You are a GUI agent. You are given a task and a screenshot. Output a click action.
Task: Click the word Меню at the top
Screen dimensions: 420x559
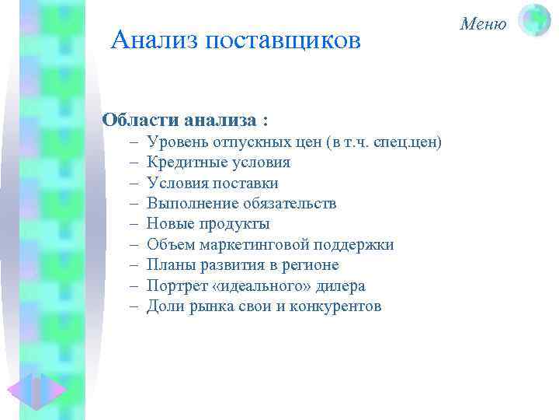[x=483, y=23]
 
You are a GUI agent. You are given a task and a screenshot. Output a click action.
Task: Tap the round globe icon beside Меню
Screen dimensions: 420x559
[x=534, y=21]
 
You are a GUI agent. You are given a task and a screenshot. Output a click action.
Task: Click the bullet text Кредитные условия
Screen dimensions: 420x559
[x=218, y=163]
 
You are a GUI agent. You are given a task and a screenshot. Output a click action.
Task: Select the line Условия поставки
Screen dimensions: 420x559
[x=212, y=183]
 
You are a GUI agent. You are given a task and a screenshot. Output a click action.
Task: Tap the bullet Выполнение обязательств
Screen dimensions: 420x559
[x=241, y=204]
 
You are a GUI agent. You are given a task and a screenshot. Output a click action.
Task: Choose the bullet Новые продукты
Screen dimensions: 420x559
[x=208, y=224]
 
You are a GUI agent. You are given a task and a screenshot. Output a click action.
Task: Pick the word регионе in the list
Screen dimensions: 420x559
[x=311, y=265]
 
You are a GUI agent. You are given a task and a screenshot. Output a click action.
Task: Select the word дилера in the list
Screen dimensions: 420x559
[x=341, y=285]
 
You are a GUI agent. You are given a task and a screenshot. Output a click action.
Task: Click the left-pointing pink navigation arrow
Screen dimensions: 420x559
[x=20, y=393]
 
